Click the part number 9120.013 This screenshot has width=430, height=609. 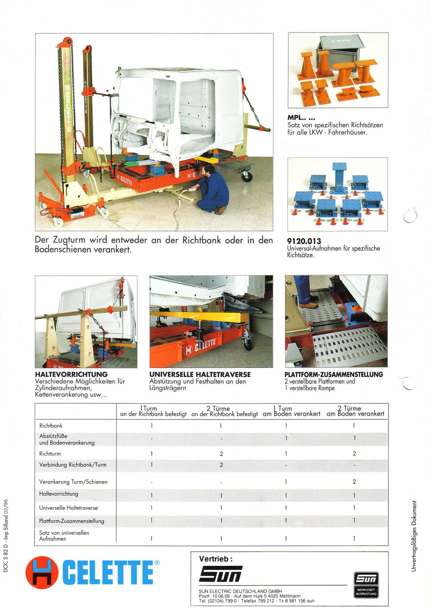(x=304, y=241)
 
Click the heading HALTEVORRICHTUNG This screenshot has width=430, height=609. (x=71, y=375)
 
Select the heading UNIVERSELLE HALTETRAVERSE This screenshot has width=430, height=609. (x=200, y=375)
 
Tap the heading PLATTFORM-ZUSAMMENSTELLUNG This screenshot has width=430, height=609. (x=334, y=375)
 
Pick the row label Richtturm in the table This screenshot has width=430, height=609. (x=50, y=454)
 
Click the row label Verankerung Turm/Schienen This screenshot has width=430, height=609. (x=73, y=482)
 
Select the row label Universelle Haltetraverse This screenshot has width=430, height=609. (x=68, y=508)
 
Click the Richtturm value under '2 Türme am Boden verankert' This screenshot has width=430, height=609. (x=354, y=454)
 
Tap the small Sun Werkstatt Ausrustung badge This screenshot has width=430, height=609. (x=366, y=585)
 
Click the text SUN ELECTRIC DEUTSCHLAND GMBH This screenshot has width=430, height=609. (x=240, y=591)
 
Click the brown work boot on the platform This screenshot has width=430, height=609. (x=308, y=305)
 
